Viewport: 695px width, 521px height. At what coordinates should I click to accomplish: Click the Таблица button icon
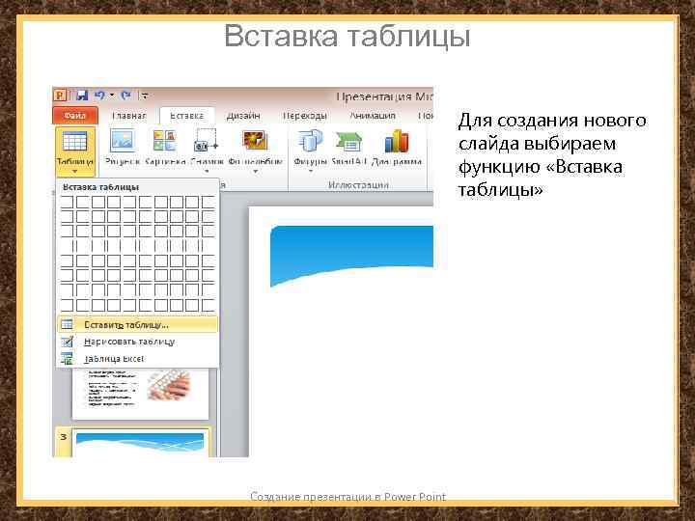pyautogui.click(x=73, y=142)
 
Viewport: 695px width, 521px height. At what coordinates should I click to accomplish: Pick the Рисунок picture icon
pyautogui.click(x=123, y=142)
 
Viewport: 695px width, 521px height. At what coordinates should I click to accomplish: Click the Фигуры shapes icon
pyautogui.click(x=310, y=142)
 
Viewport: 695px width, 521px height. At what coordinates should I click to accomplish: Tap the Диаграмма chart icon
pyautogui.click(x=396, y=142)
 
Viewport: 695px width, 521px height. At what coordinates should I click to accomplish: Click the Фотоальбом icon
pyautogui.click(x=255, y=142)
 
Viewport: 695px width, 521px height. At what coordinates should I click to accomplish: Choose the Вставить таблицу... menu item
pyautogui.click(x=125, y=325)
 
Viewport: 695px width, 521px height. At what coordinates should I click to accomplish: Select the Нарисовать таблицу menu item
pyautogui.click(x=128, y=342)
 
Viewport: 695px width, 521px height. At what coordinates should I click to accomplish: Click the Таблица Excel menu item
pyautogui.click(x=113, y=358)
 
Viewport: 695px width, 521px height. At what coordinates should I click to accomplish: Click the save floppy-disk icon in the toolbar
pyautogui.click(x=82, y=96)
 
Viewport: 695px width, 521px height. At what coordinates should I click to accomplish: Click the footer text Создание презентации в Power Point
pyautogui.click(x=347, y=497)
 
